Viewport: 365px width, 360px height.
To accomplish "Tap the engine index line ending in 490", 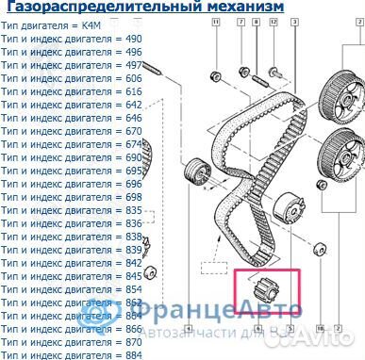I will point(71,39).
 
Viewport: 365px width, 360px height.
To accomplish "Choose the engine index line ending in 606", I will point(71,79).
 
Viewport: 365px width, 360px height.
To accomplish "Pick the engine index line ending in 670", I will point(71,131).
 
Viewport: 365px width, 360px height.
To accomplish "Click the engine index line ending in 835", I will point(71,209).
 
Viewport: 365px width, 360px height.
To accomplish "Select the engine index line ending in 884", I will point(71,354).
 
